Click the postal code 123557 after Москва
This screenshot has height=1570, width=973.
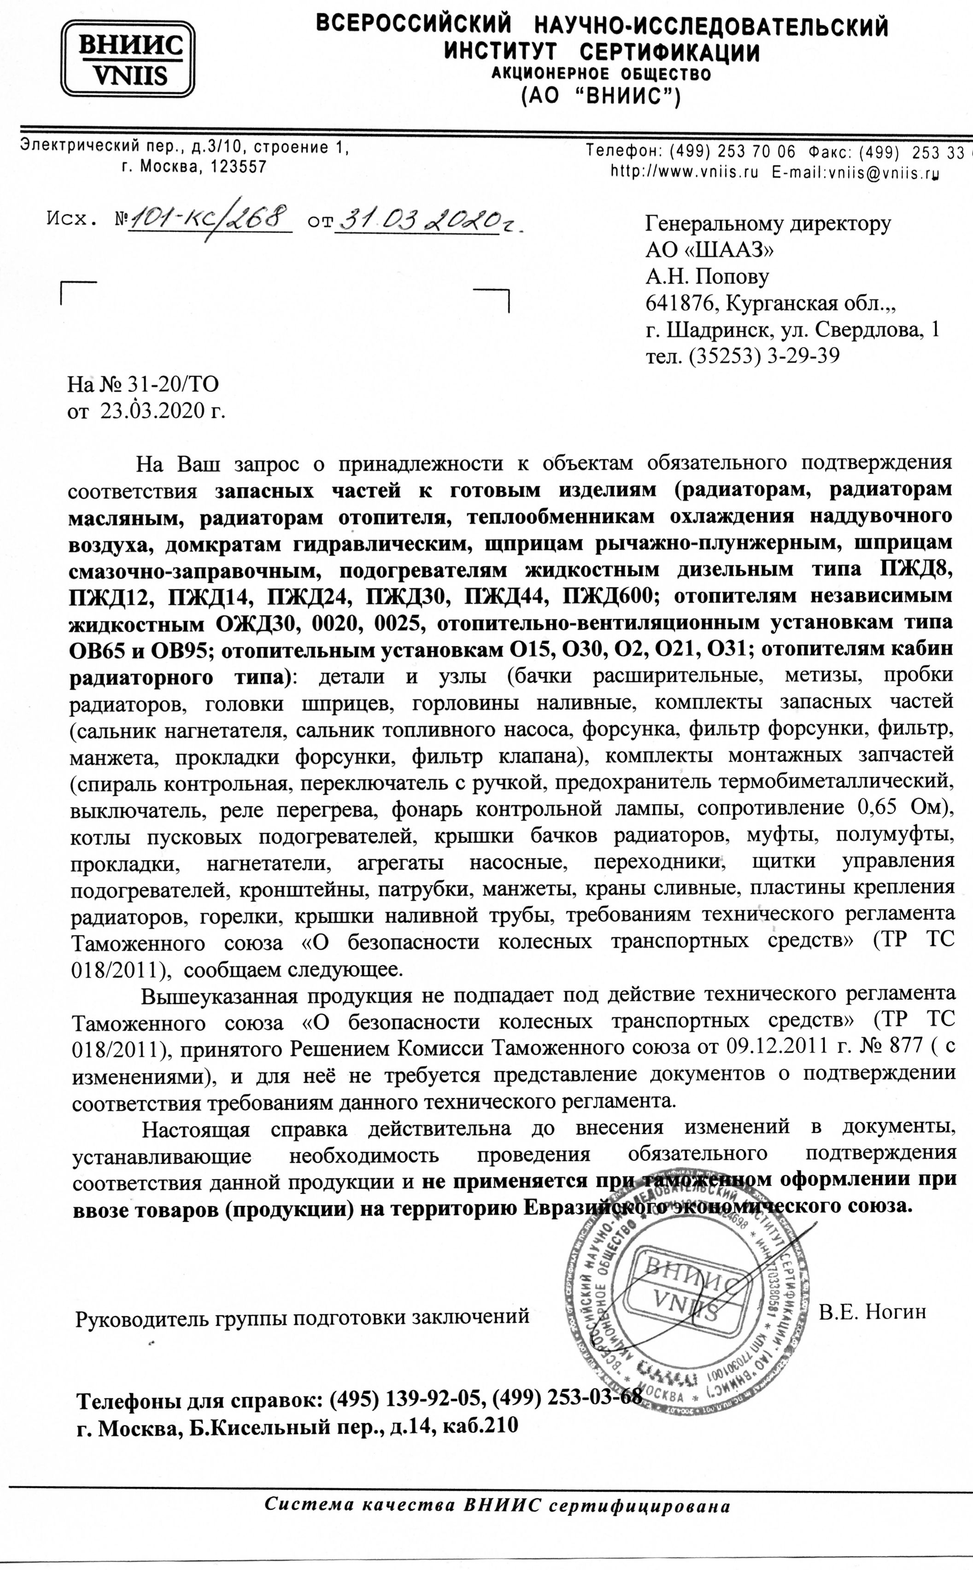click(x=239, y=167)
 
